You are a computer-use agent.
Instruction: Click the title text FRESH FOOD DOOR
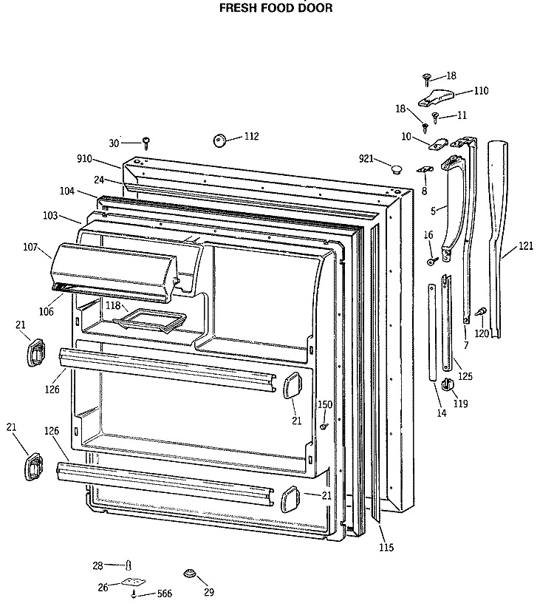tap(276, 8)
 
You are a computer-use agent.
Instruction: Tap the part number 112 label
tap(251, 136)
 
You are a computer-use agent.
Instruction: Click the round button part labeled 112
tap(219, 140)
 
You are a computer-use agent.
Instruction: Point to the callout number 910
tap(85, 159)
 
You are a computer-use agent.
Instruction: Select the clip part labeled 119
tap(448, 384)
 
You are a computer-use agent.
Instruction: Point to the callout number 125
tap(465, 377)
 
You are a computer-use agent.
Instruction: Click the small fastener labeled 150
tap(324, 426)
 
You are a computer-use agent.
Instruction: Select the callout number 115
tap(386, 548)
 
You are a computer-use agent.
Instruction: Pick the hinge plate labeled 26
tap(132, 584)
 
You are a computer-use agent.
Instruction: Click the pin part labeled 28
tap(129, 565)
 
